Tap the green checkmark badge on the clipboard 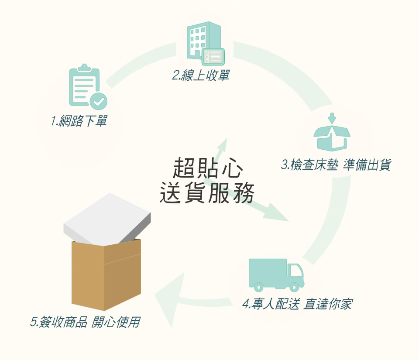click(99, 101)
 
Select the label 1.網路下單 click(79, 121)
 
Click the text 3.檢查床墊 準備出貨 click(336, 165)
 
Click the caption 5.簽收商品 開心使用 click(86, 322)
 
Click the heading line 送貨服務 click(207, 193)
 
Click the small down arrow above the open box click(332, 118)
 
